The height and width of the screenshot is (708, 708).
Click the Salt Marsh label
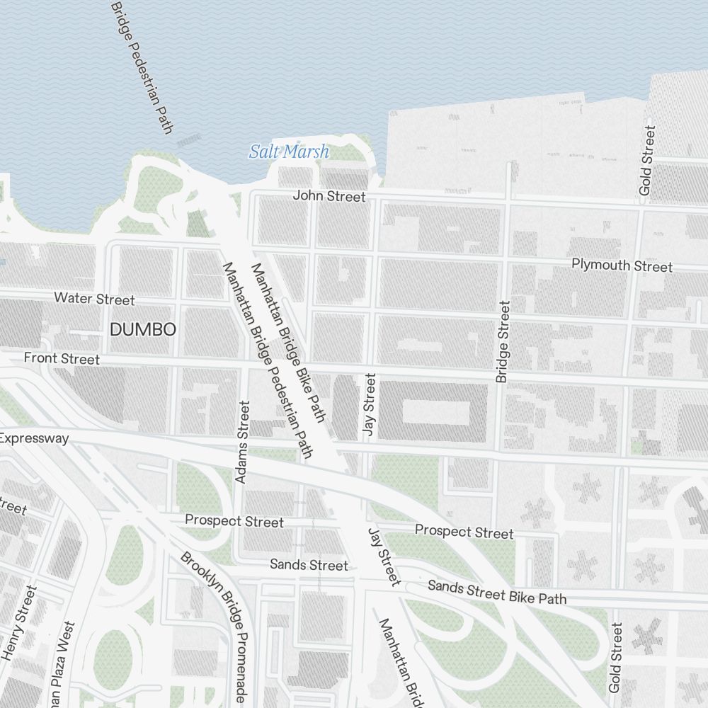click(289, 151)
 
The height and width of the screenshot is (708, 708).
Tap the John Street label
click(329, 196)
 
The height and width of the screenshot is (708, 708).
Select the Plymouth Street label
click(622, 265)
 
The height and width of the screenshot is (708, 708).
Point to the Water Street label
click(94, 299)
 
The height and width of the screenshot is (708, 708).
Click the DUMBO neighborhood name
click(142, 329)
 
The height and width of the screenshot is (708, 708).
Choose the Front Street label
click(62, 358)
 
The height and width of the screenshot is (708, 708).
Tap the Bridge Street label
click(503, 342)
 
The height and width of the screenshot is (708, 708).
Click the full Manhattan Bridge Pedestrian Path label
click(268, 360)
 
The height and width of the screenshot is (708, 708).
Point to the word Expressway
click(34, 438)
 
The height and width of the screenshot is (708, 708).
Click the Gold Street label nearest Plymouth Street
click(647, 161)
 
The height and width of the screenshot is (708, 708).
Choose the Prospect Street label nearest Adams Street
click(234, 521)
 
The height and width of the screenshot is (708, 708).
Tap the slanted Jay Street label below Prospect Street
click(384, 556)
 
